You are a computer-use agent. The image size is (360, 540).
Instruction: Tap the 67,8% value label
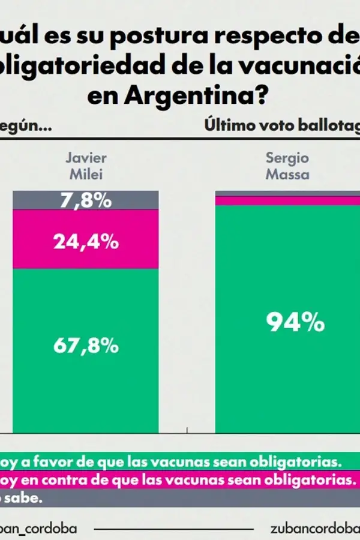pos(85,346)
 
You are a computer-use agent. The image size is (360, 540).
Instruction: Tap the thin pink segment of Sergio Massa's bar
pos(288,201)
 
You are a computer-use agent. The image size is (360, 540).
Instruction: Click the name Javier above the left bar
pos(86,158)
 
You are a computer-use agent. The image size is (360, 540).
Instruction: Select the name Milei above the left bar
pos(86,175)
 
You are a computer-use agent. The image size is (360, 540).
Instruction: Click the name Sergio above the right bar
pos(287,158)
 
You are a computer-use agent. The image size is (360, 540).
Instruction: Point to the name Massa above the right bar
pos(287,175)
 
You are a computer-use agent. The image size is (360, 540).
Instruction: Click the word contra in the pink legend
pos(60,481)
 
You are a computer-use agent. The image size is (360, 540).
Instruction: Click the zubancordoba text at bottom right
pos(315,529)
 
